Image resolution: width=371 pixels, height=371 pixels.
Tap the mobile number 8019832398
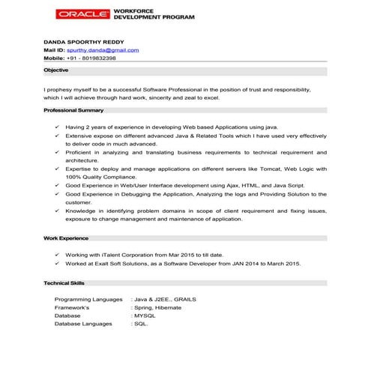[94, 58]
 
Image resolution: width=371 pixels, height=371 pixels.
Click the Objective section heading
[55, 70]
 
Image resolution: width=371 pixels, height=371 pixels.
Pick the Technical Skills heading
[64, 284]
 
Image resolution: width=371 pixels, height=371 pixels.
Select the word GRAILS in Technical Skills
[183, 299]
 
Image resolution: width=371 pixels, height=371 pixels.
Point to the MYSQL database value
[144, 316]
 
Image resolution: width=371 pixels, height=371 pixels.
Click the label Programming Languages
[88, 299]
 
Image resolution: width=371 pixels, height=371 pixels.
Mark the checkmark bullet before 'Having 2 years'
[58, 127]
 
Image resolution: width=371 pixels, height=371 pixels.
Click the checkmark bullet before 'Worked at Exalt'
[58, 265]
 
